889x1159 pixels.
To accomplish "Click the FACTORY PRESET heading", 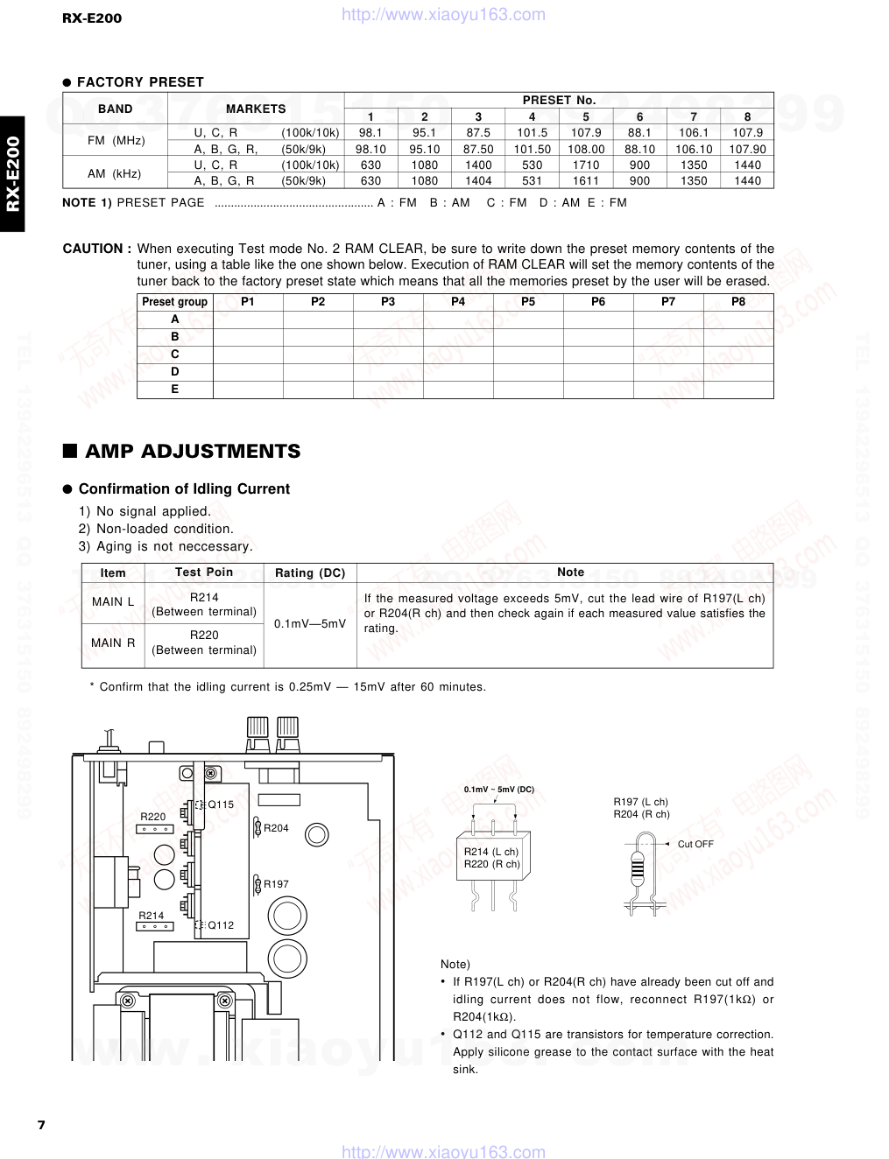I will pyautogui.click(x=140, y=82).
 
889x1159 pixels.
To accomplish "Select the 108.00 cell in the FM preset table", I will pyautogui.click(x=586, y=149).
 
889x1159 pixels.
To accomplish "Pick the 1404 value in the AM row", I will pyautogui.click(x=478, y=181).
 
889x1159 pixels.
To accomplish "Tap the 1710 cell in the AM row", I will pyautogui.click(x=586, y=165).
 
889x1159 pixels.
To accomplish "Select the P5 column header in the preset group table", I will pyautogui.click(x=528, y=301).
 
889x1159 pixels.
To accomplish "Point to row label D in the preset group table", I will pyautogui.click(x=175, y=372).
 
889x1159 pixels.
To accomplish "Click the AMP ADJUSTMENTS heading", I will pyautogui.click(x=193, y=452).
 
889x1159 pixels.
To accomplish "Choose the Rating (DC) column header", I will pyautogui.click(x=310, y=572).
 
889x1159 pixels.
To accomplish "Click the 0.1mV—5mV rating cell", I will pyautogui.click(x=310, y=624).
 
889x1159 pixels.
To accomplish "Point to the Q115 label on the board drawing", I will pyautogui.click(x=221, y=804).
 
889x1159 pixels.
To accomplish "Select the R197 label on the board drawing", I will pyautogui.click(x=276, y=884).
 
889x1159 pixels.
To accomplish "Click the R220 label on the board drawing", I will pyautogui.click(x=153, y=817).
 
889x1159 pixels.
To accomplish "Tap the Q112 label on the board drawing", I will pyautogui.click(x=221, y=925).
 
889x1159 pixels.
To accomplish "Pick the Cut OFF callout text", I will pyautogui.click(x=695, y=845).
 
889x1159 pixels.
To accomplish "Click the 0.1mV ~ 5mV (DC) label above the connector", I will pyautogui.click(x=499, y=790).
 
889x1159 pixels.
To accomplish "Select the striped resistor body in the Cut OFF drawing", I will pyautogui.click(x=638, y=867).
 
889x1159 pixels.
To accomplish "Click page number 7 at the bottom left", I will pyautogui.click(x=41, y=1125).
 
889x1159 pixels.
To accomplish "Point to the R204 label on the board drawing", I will pyautogui.click(x=276, y=828).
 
